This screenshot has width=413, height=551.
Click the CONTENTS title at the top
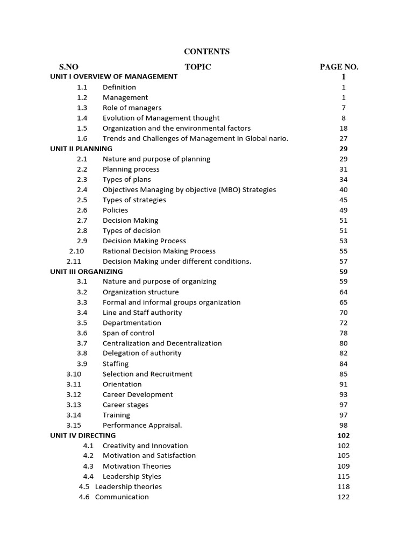pyautogui.click(x=206, y=52)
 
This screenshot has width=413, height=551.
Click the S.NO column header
pyautogui.click(x=69, y=67)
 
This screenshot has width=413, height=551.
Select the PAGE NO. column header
pyautogui.click(x=339, y=67)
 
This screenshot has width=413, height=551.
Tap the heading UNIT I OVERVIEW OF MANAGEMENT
pyautogui.click(x=113, y=76)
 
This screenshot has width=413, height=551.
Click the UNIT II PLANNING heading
pyautogui.click(x=81, y=149)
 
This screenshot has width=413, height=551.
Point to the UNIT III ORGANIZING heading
pyautogui.click(x=87, y=271)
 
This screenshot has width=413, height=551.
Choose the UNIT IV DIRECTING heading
pyautogui.click(x=83, y=435)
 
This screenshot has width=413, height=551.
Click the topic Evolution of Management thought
pyautogui.click(x=161, y=118)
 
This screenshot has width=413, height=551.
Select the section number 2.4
pyautogui.click(x=82, y=189)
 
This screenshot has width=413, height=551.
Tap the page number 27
pyautogui.click(x=344, y=138)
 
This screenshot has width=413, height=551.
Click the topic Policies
pyautogui.click(x=115, y=210)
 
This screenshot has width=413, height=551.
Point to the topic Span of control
pyautogui.click(x=128, y=333)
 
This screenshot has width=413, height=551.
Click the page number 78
pyautogui.click(x=344, y=333)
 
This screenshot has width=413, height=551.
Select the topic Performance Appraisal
pyautogui.click(x=142, y=425)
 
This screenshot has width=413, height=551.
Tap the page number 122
pyautogui.click(x=343, y=497)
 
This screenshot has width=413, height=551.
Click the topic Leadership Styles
pyautogui.click(x=132, y=476)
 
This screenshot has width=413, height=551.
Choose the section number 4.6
pyautogui.click(x=84, y=497)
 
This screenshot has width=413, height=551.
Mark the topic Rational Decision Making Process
pyautogui.click(x=159, y=251)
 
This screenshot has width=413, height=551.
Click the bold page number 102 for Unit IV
pyautogui.click(x=343, y=435)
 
